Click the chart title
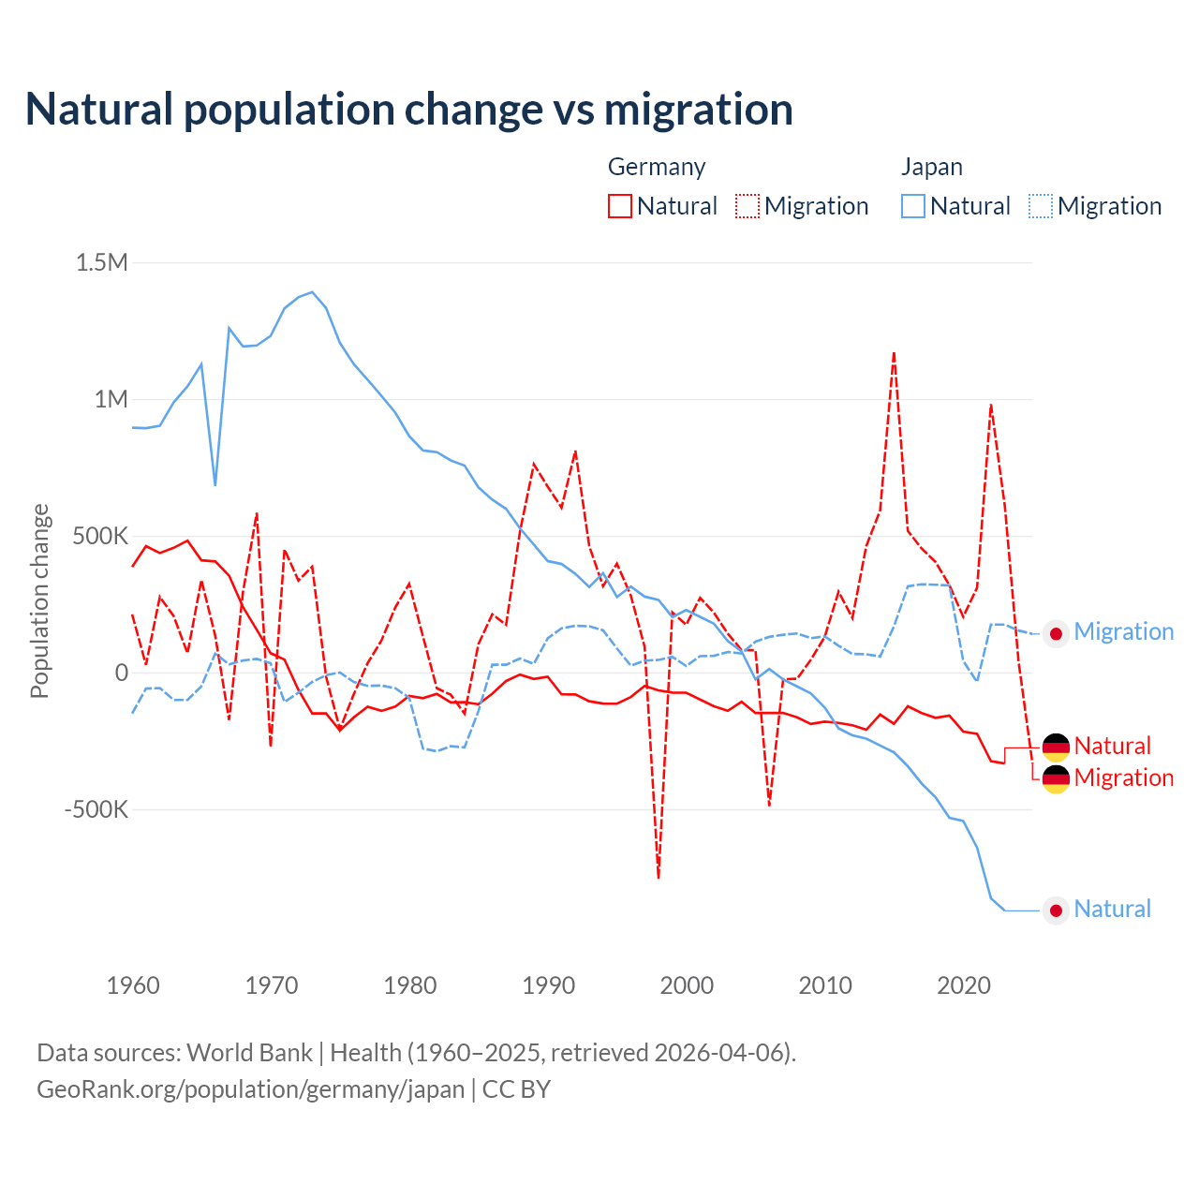[409, 110]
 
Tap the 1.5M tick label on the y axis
[102, 262]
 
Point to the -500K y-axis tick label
[96, 809]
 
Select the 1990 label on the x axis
[548, 985]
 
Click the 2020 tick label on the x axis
[964, 985]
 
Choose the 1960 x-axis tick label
[133, 985]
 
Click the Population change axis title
[39, 600]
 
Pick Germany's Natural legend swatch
[620, 206]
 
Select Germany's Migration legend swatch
[748, 206]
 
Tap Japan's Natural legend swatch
[913, 206]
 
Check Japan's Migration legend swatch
[1041, 206]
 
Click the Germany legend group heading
[657, 167]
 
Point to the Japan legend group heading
[932, 167]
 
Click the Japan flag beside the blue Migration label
[1056, 634]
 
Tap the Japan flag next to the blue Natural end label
[1056, 910]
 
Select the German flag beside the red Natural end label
[1056, 747]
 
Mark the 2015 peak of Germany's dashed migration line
[895, 353]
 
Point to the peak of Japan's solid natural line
[312, 292]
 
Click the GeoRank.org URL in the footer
[250, 1089]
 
